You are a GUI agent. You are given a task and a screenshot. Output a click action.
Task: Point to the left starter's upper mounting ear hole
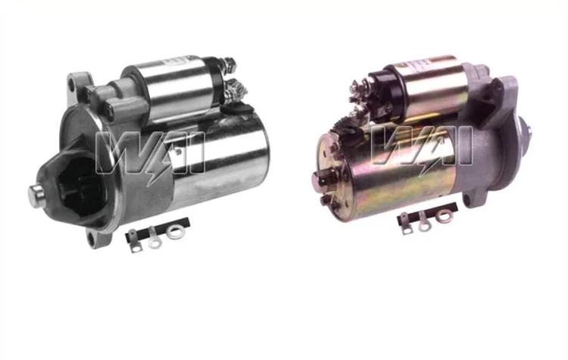click(73, 83)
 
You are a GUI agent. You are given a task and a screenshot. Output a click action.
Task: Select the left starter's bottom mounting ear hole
click(92, 237)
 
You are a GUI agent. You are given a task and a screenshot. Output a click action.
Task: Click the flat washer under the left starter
click(176, 232)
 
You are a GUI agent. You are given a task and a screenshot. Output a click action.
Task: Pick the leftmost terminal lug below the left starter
click(134, 241)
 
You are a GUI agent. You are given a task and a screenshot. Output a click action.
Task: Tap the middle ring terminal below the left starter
click(154, 238)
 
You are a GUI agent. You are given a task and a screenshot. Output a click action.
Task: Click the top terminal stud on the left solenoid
click(229, 64)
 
